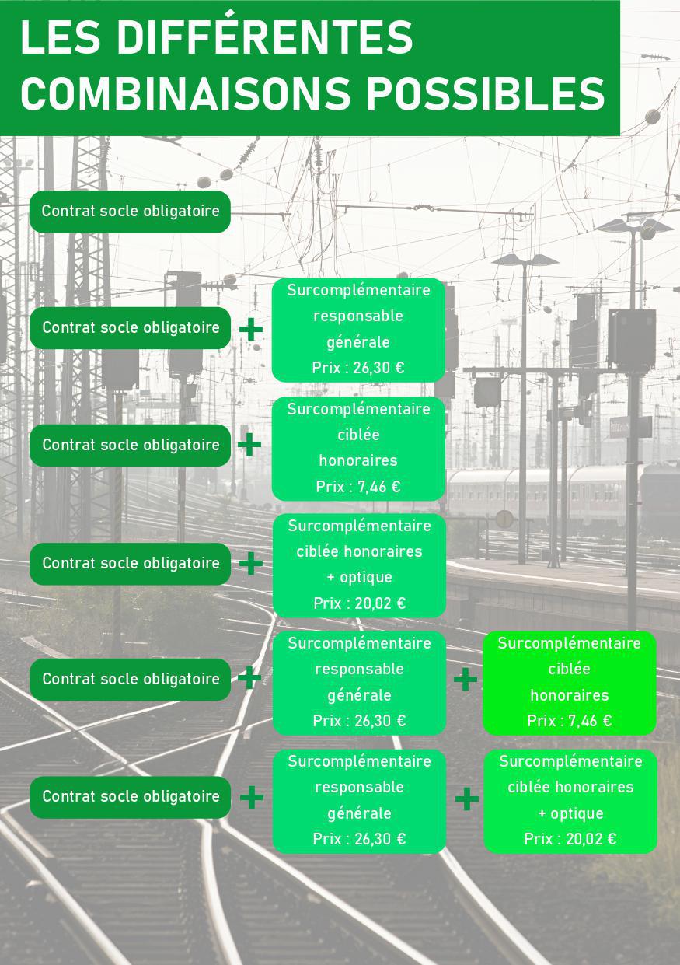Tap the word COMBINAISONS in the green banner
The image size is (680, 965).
pos(186,93)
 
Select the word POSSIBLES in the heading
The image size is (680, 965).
pos(486,93)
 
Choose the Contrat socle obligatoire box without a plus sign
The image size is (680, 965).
pos(130,212)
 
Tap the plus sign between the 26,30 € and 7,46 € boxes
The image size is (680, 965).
pos(466,679)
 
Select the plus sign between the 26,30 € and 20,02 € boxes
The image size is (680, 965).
pos(467,799)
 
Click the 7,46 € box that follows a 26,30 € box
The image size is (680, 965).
pos(570,683)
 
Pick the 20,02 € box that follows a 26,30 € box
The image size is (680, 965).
pos(570,802)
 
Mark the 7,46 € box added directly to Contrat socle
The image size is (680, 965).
pos(358,449)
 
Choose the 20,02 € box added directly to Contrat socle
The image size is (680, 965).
pos(359,565)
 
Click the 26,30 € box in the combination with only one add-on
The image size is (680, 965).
pos(358,330)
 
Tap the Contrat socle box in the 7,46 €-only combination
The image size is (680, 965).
pos(130,445)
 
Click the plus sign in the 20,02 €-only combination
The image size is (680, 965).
pos(251,563)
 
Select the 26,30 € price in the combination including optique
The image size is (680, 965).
pos(359,838)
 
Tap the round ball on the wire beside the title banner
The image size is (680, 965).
pos(653,117)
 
